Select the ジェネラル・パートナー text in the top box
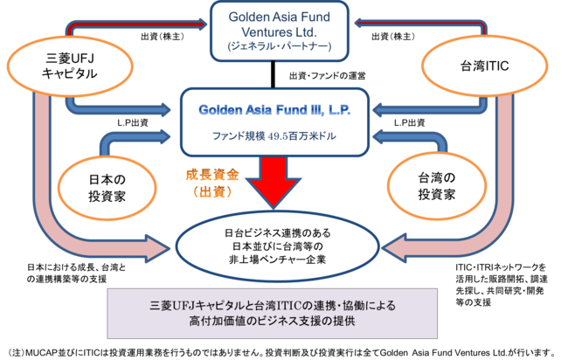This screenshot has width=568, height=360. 281,44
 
